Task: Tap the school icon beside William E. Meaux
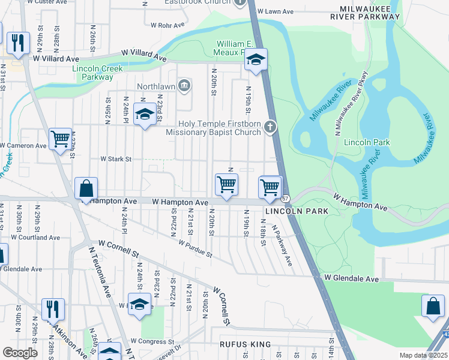pyautogui.click(x=256, y=60)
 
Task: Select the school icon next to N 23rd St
pyautogui.click(x=144, y=115)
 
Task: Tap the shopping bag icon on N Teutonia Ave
pyautogui.click(x=86, y=188)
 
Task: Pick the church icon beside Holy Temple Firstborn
pyautogui.click(x=271, y=127)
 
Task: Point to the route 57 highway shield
pyautogui.click(x=286, y=199)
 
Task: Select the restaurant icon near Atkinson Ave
pyautogui.click(x=53, y=309)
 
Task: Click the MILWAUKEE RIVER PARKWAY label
pyautogui.click(x=369, y=13)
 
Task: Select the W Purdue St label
pyautogui.click(x=195, y=248)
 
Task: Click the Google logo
pyautogui.click(x=20, y=352)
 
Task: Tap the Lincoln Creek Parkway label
pyautogui.click(x=97, y=73)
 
